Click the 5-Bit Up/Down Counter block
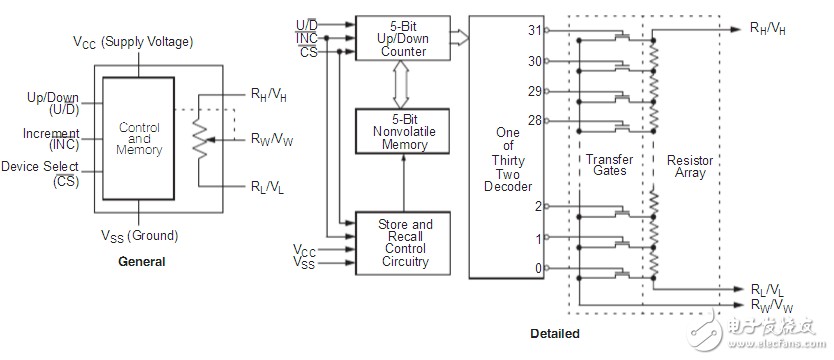[403, 38]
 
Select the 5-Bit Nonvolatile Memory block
[403, 131]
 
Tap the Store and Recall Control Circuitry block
[403, 243]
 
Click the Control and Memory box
[138, 138]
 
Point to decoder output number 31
[535, 30]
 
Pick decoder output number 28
[535, 121]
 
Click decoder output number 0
[538, 269]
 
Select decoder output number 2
[538, 206]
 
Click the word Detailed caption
[555, 334]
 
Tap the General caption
[141, 262]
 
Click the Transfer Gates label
[610, 165]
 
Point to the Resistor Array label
[690, 166]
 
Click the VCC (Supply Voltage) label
[133, 42]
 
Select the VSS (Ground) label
[139, 236]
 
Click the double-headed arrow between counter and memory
[401, 85]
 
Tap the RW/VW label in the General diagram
[272, 140]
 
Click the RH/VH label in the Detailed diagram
[768, 28]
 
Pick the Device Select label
[40, 166]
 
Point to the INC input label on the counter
[306, 38]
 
